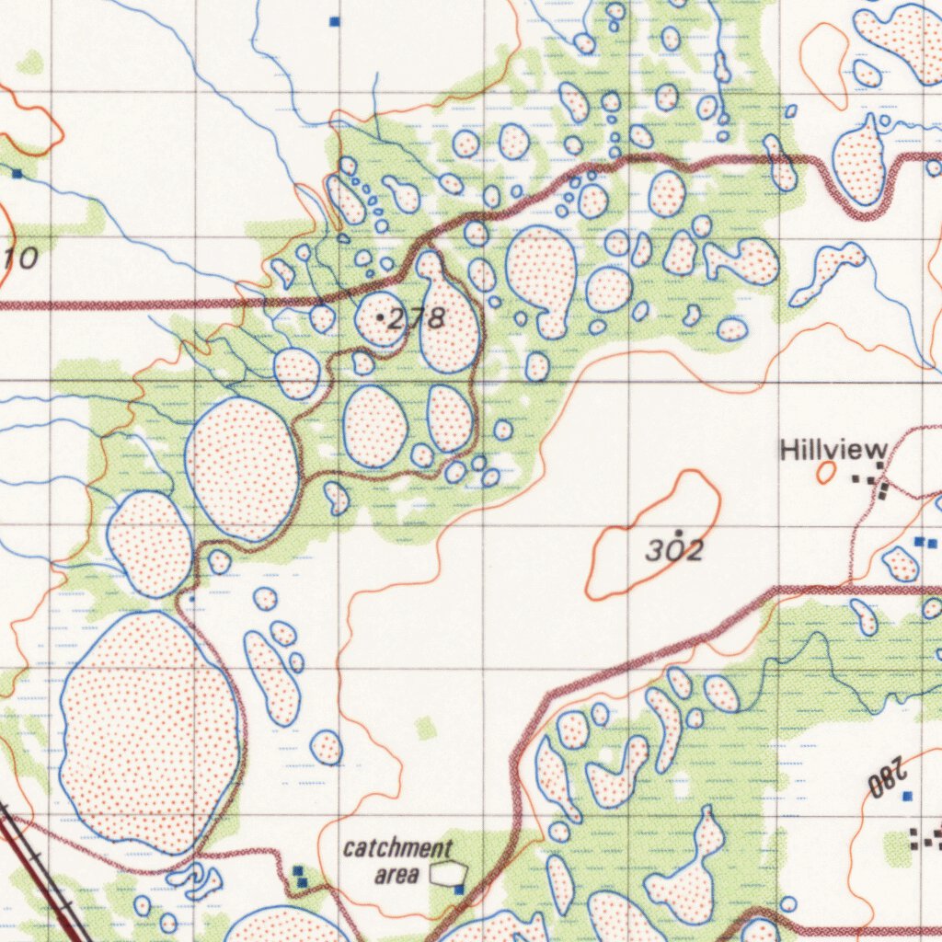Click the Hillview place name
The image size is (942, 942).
tap(833, 450)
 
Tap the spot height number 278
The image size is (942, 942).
tap(417, 319)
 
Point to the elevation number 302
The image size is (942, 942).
tap(674, 551)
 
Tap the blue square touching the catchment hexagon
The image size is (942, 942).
tap(459, 889)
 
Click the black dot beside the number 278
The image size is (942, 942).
tap(381, 317)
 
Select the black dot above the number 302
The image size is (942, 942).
tap(679, 533)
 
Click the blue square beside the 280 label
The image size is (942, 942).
tap(907, 796)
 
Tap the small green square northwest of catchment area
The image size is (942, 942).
tap(424, 729)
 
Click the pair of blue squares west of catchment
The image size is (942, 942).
tap(299, 877)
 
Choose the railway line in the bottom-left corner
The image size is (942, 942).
tap(41, 874)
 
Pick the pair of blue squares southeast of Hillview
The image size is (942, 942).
tap(925, 543)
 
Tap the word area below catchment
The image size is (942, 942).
tap(396, 875)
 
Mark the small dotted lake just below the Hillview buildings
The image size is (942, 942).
tap(900, 563)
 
